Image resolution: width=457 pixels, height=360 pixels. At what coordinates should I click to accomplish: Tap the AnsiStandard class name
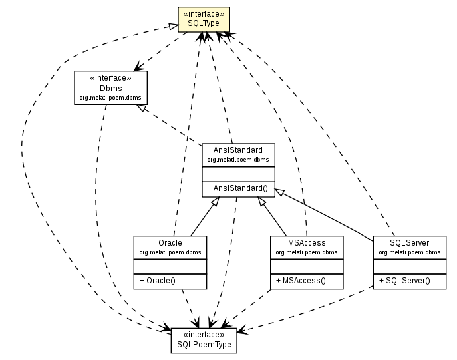point(239,151)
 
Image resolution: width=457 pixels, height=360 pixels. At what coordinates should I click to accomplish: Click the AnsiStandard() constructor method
point(239,188)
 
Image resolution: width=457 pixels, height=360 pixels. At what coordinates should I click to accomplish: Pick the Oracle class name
point(170,243)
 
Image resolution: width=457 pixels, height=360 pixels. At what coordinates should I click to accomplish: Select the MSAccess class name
point(307,243)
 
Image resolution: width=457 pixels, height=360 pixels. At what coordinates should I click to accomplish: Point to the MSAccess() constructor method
point(300,280)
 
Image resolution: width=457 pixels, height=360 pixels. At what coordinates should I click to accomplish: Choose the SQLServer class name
point(409,243)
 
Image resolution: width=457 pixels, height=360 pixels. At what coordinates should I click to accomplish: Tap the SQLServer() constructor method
point(405,280)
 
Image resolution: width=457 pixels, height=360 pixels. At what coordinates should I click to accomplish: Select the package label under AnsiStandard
point(239,160)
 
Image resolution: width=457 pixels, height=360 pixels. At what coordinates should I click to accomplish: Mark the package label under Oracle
point(170,252)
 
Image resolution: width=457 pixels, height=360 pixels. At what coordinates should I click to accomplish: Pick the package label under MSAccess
point(307,252)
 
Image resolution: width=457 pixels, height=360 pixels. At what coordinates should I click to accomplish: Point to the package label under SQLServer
point(409,252)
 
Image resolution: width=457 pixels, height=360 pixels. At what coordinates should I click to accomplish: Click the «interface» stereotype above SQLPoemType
point(204,335)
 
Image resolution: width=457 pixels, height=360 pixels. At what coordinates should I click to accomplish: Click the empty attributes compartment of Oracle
point(170,266)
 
